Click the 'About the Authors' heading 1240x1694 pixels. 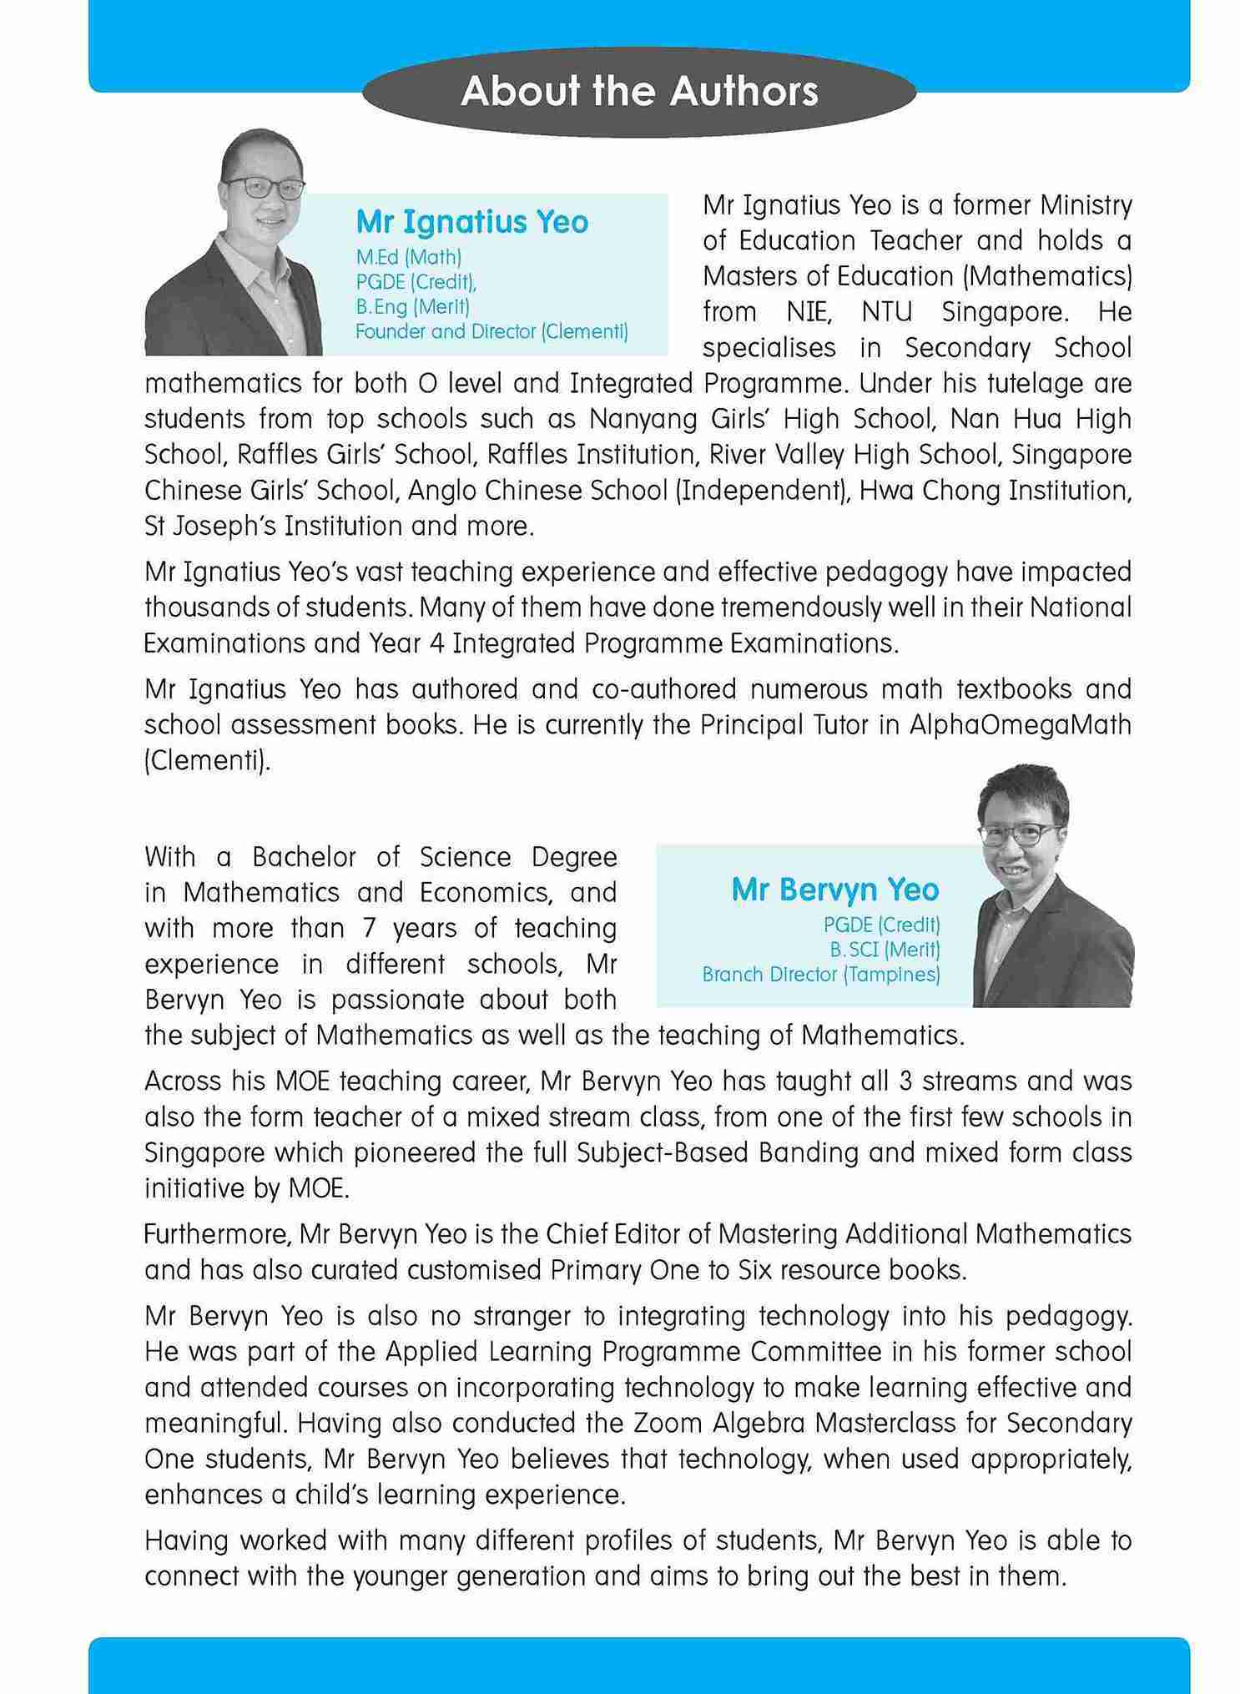pyautogui.click(x=639, y=91)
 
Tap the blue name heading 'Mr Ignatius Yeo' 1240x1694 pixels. pyautogui.click(x=471, y=222)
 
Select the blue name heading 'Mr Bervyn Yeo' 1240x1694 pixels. pyautogui.click(x=834, y=890)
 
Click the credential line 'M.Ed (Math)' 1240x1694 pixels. pyautogui.click(x=408, y=256)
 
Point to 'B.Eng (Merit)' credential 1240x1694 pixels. pyautogui.click(x=412, y=306)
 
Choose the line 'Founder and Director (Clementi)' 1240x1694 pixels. pyautogui.click(x=491, y=331)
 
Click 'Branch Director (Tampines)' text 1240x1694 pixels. pyautogui.click(x=821, y=975)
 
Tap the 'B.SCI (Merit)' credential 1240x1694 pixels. pyautogui.click(x=885, y=950)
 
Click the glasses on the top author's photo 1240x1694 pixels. pyautogui.click(x=264, y=189)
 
